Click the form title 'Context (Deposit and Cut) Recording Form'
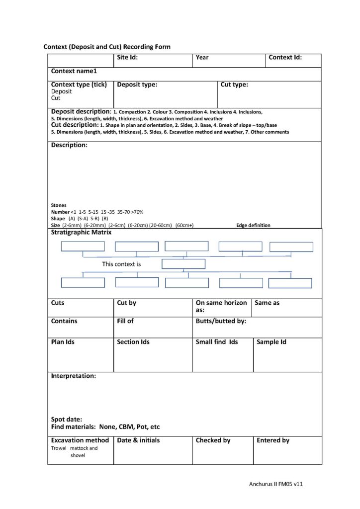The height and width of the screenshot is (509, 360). point(107,47)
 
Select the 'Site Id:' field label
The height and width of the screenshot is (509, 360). point(127,57)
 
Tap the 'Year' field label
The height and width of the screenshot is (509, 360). point(202,58)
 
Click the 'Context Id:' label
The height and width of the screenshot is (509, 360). point(285,57)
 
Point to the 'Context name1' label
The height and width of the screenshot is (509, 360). point(74,72)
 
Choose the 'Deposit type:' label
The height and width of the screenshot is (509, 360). point(137,85)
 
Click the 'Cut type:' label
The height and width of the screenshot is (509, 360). point(234,85)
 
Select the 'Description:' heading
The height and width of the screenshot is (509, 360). point(69,145)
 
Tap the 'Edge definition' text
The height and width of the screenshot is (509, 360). point(253,225)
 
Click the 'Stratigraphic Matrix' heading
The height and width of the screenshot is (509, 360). point(81,232)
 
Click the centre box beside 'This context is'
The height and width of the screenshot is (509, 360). point(183,264)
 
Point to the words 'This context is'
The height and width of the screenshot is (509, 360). point(121,264)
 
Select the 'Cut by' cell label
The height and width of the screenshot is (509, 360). point(126,303)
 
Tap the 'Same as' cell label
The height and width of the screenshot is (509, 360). point(267,303)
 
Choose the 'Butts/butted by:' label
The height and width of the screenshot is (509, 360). point(221,321)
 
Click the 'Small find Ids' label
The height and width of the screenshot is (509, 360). point(217,342)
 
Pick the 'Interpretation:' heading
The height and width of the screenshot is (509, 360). point(74,376)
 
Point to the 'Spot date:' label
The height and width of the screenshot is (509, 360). point(67,419)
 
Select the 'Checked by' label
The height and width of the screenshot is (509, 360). point(213,440)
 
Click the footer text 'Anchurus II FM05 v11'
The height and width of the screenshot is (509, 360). point(275,484)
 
